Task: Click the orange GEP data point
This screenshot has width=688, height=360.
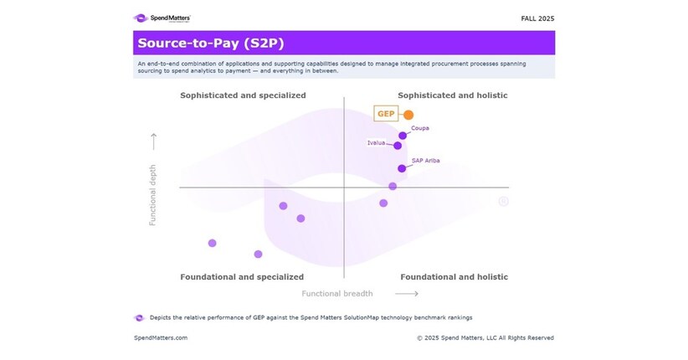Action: pyautogui.click(x=408, y=115)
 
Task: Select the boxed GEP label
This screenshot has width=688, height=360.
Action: pyautogui.click(x=386, y=114)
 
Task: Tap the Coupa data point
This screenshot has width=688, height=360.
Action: pyautogui.click(x=403, y=135)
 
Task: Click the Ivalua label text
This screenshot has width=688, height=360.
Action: pyautogui.click(x=377, y=143)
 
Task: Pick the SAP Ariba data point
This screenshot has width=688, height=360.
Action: pyautogui.click(x=402, y=168)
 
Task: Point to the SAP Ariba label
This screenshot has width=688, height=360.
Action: pyautogui.click(x=425, y=160)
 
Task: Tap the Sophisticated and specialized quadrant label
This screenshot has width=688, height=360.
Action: pyautogui.click(x=243, y=95)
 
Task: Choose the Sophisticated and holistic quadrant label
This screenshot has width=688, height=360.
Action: pyautogui.click(x=452, y=95)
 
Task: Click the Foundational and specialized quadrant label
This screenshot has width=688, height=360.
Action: pyautogui.click(x=242, y=276)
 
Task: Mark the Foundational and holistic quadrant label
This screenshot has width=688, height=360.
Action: pyautogui.click(x=454, y=276)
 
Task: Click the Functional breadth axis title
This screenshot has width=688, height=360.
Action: pyautogui.click(x=337, y=294)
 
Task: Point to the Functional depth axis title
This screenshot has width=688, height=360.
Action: pyautogui.click(x=153, y=194)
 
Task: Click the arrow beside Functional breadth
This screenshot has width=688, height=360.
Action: pyautogui.click(x=406, y=294)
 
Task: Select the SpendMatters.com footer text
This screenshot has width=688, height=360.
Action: pyautogui.click(x=161, y=338)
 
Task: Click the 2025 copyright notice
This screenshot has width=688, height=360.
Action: pyautogui.click(x=485, y=338)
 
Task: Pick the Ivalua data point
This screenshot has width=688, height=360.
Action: pyautogui.click(x=398, y=146)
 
